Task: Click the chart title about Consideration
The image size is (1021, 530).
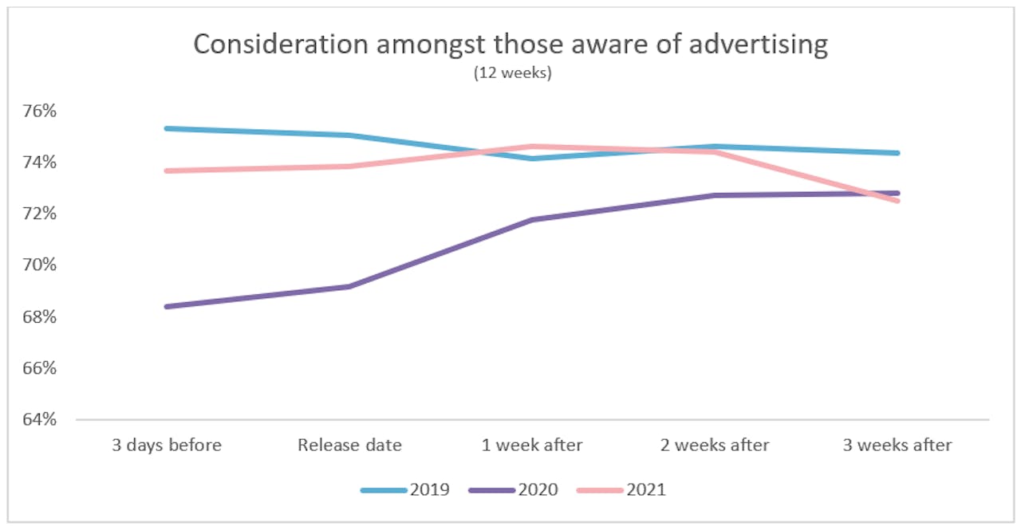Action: pyautogui.click(x=510, y=45)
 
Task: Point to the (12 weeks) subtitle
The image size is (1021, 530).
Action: pyautogui.click(x=510, y=73)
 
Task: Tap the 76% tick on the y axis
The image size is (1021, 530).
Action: pyautogui.click(x=40, y=111)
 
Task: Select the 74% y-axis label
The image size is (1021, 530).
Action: pyautogui.click(x=40, y=163)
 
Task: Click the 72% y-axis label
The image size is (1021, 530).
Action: pyautogui.click(x=40, y=214)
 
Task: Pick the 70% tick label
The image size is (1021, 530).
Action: pyautogui.click(x=40, y=265)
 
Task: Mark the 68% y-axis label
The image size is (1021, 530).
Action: pyautogui.click(x=40, y=316)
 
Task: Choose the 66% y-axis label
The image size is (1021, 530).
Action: pyautogui.click(x=40, y=367)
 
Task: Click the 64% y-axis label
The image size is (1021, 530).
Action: pyautogui.click(x=40, y=419)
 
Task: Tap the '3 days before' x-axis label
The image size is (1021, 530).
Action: pyautogui.click(x=167, y=445)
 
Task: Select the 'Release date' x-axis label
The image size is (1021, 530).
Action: pyautogui.click(x=349, y=445)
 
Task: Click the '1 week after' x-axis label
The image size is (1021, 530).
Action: pyautogui.click(x=532, y=445)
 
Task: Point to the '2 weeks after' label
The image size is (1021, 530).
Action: pyautogui.click(x=715, y=445)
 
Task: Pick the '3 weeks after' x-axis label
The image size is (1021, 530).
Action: pyautogui.click(x=898, y=445)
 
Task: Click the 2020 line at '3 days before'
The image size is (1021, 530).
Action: pyautogui.click(x=167, y=306)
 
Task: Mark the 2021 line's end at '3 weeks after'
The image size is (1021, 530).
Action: pyautogui.click(x=898, y=201)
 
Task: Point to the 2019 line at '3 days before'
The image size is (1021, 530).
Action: pyautogui.click(x=167, y=128)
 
